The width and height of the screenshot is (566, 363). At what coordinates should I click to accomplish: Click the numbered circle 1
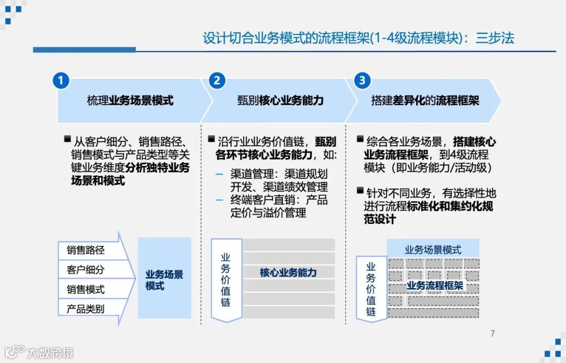(x=61, y=81)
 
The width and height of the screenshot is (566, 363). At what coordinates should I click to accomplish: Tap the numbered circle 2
(x=216, y=81)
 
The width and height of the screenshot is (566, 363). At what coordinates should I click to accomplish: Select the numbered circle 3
(x=362, y=81)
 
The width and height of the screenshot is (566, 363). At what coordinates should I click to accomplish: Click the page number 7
(x=492, y=334)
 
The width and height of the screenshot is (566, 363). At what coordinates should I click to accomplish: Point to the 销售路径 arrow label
(x=85, y=250)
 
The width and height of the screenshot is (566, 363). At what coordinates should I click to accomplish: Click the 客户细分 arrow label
(x=85, y=270)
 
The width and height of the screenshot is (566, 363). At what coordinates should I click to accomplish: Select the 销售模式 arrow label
(x=85, y=289)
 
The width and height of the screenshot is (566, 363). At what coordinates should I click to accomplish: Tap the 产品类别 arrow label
(x=85, y=309)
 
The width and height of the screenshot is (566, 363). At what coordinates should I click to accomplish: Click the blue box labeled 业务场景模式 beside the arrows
(x=164, y=280)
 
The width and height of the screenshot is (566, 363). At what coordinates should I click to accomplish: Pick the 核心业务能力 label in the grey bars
(x=288, y=272)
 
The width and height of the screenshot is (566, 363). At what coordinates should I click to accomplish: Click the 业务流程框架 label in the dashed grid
(x=435, y=286)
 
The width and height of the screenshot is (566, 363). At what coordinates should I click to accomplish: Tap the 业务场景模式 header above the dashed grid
(x=433, y=249)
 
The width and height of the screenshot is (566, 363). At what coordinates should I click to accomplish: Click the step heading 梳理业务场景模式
(x=130, y=100)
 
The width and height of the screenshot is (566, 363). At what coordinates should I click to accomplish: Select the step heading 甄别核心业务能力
(x=280, y=100)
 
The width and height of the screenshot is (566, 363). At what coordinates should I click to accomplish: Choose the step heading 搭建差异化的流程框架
(x=425, y=100)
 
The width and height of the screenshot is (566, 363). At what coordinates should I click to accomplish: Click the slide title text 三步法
(x=495, y=38)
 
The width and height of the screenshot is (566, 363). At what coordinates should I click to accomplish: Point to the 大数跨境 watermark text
(x=50, y=352)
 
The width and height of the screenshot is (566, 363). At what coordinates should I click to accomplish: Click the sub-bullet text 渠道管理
(x=250, y=174)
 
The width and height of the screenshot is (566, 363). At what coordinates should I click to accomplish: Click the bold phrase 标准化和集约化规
(x=450, y=207)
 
